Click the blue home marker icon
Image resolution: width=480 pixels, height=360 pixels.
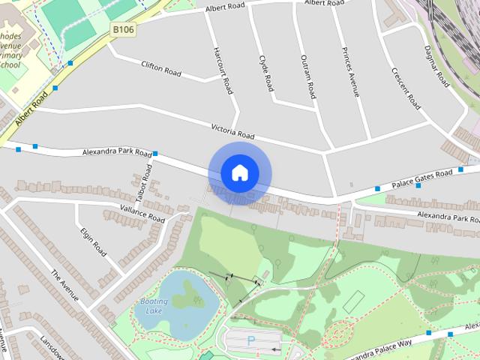point(239,173)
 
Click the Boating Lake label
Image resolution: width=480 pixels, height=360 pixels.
point(154,306)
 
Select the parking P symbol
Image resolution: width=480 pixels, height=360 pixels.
point(251,341)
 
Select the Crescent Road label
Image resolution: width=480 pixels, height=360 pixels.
point(405,88)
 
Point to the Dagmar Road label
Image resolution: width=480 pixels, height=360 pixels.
point(435,64)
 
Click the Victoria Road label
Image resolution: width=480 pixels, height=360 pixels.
point(232,131)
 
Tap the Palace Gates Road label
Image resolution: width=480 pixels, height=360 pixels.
point(423,178)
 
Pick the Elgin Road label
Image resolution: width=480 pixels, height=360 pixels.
point(94,241)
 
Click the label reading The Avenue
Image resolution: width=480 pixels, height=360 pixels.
point(65,285)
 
